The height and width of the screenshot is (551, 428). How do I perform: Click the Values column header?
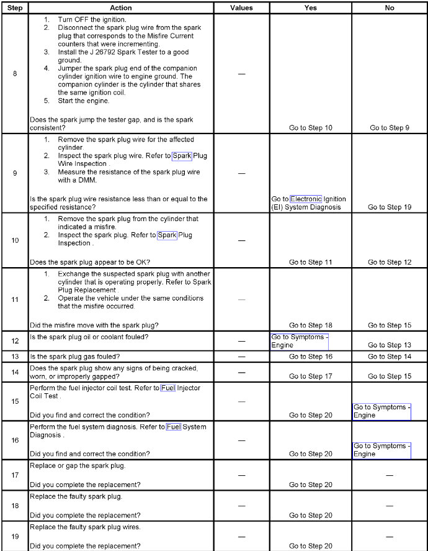[x=241, y=8]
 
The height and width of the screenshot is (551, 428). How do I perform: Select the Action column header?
[x=121, y=8]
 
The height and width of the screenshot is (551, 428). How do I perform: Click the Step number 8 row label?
[x=15, y=73]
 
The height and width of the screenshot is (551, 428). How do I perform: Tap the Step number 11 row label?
[x=15, y=299]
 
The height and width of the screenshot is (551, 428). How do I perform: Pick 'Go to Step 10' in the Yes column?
[x=310, y=128]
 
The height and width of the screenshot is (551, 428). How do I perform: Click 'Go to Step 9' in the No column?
[x=389, y=128]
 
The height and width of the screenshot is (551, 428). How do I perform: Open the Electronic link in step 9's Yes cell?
[x=306, y=199]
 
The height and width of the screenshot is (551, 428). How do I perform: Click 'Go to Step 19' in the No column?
[x=389, y=207]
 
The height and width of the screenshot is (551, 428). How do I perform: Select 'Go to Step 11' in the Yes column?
[x=310, y=262]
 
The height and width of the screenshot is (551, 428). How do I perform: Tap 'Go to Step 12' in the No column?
[x=389, y=262]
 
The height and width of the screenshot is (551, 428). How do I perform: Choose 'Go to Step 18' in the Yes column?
[x=310, y=326]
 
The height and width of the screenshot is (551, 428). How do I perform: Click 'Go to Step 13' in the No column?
[x=389, y=345]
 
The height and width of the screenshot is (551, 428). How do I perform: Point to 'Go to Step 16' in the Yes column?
[x=310, y=357]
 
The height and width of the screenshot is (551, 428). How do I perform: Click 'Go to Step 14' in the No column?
[x=389, y=357]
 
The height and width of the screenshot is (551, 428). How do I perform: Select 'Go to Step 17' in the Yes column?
[x=310, y=376]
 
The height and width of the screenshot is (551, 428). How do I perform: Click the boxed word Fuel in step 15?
[x=168, y=388]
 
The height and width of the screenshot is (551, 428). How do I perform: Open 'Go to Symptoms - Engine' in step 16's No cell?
[x=381, y=450]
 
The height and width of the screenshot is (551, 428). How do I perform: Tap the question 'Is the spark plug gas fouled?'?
[x=75, y=357]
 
